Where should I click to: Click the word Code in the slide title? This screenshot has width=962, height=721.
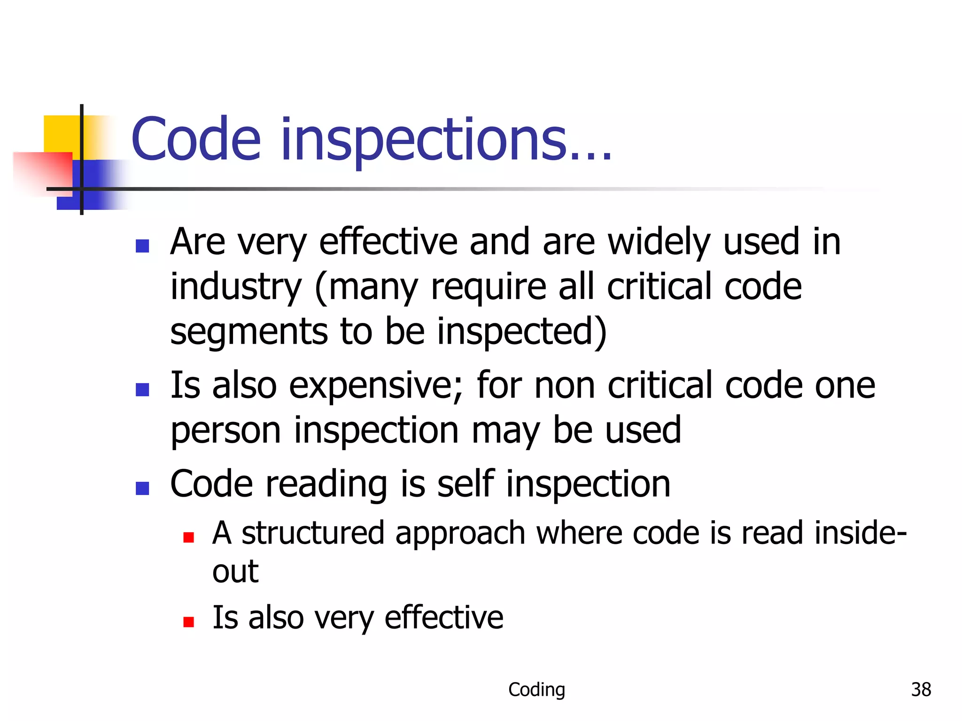pyautogui.click(x=196, y=139)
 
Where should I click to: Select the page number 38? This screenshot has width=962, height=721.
pyautogui.click(x=921, y=690)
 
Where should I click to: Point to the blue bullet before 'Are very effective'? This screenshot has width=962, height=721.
pyautogui.click(x=142, y=246)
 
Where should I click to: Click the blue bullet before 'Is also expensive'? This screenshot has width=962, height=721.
pyautogui.click(x=142, y=390)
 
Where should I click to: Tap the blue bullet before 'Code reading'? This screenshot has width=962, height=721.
pyautogui.click(x=142, y=488)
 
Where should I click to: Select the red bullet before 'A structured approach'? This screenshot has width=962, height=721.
pyautogui.click(x=189, y=537)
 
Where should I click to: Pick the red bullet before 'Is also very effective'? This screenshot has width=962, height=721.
pyautogui.click(x=189, y=622)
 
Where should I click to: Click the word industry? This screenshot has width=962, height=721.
pyautogui.click(x=236, y=287)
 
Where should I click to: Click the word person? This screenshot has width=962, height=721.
pyautogui.click(x=225, y=431)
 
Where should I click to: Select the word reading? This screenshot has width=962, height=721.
pyautogui.click(x=326, y=484)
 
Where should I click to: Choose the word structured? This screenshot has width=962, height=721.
pyautogui.click(x=313, y=534)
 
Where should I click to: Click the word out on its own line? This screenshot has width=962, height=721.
pyautogui.click(x=235, y=572)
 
